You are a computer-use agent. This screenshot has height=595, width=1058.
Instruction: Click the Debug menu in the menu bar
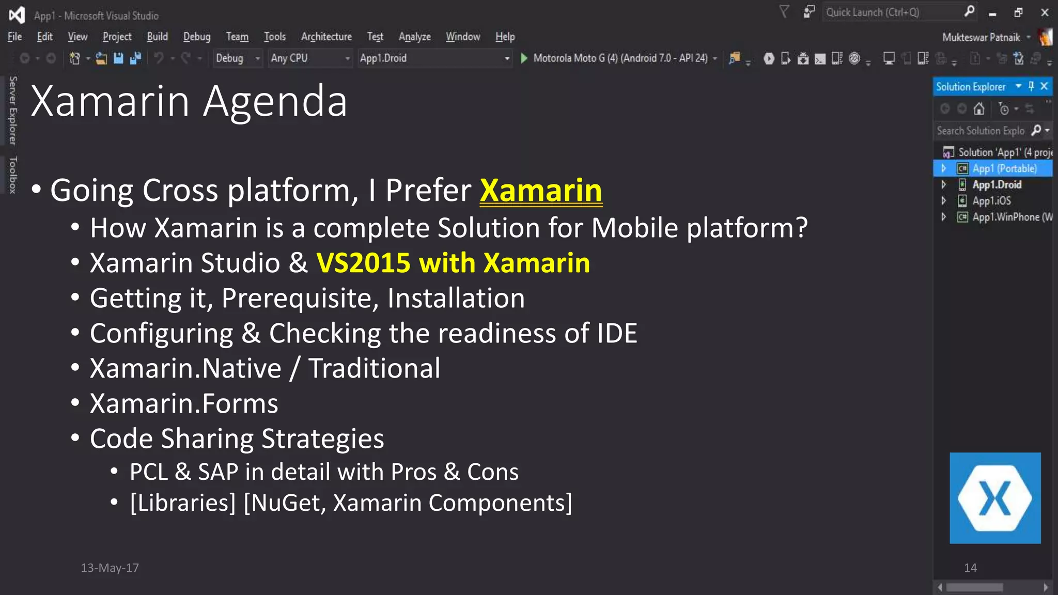click(x=197, y=37)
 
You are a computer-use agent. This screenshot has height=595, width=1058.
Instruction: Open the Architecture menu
click(x=326, y=37)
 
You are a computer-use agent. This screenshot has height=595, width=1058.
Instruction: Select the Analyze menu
click(x=414, y=37)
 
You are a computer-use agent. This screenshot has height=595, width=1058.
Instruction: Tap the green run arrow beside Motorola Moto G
click(x=524, y=58)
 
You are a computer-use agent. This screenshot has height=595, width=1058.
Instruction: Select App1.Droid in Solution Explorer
click(x=997, y=185)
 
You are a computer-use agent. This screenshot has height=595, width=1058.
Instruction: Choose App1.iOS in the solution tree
click(x=991, y=201)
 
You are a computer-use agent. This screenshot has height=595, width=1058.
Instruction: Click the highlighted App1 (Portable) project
click(x=1004, y=169)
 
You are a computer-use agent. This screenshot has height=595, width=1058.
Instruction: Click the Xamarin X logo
click(x=995, y=498)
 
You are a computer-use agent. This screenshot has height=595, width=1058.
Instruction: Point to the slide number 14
click(x=970, y=568)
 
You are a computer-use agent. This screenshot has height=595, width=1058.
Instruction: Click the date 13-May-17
click(x=110, y=568)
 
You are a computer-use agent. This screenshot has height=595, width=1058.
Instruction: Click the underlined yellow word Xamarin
click(x=541, y=191)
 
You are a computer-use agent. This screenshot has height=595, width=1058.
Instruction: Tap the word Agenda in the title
click(x=275, y=102)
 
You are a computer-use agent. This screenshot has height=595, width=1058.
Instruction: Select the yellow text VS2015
click(x=363, y=263)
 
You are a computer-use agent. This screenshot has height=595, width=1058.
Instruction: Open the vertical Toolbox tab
click(x=13, y=175)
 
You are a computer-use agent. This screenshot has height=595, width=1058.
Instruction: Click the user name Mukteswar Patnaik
click(x=981, y=37)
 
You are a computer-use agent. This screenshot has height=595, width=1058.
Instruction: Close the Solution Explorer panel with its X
click(x=1044, y=86)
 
